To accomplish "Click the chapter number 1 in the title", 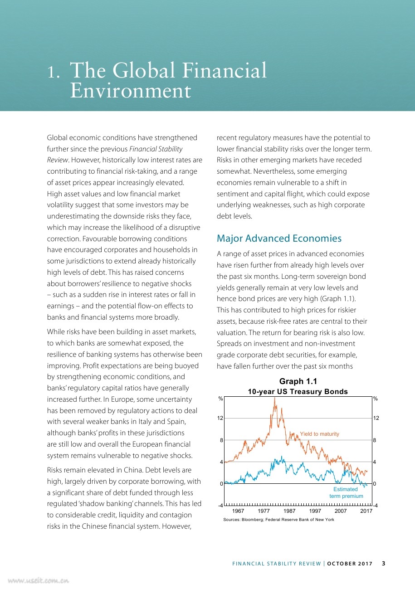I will coord(54,72).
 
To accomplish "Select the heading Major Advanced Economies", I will coord(279,238).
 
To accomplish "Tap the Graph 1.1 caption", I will coord(298,381).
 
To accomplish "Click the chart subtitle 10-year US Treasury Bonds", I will coord(298,391).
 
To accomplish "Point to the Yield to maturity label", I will coord(319,434).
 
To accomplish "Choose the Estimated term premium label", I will coord(346,492).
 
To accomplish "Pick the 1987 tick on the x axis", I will coord(289,511).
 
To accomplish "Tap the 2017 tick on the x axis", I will coord(366,511).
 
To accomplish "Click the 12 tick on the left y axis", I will coord(220,418).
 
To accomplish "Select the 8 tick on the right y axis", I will coord(375,440).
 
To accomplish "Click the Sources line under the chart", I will coord(278,520).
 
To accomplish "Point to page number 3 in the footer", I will coord(383,564).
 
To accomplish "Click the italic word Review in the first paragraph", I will coord(56,160).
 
